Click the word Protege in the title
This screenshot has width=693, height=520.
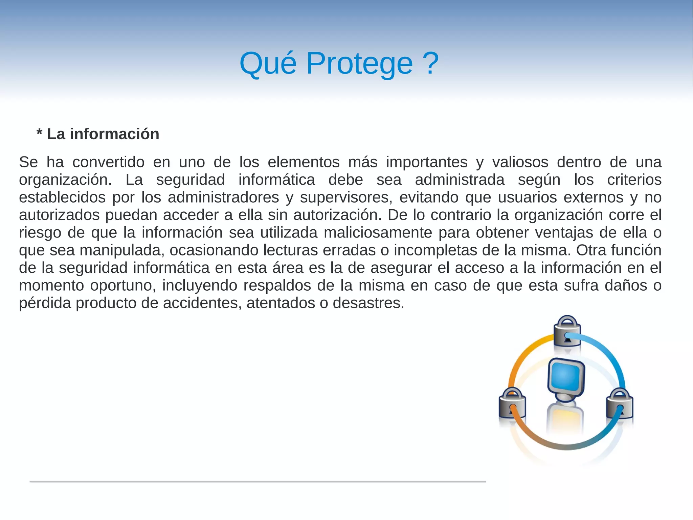(x=359, y=64)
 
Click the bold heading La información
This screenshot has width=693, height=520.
(x=103, y=134)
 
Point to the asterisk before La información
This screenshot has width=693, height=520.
(x=40, y=133)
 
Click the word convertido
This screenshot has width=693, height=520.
(x=108, y=162)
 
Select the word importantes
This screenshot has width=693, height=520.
(x=427, y=162)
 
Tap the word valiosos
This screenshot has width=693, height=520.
(x=520, y=162)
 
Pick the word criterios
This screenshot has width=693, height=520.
(x=634, y=180)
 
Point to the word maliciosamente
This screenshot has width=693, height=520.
(x=378, y=233)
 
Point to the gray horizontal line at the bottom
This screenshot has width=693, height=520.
(x=258, y=481)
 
